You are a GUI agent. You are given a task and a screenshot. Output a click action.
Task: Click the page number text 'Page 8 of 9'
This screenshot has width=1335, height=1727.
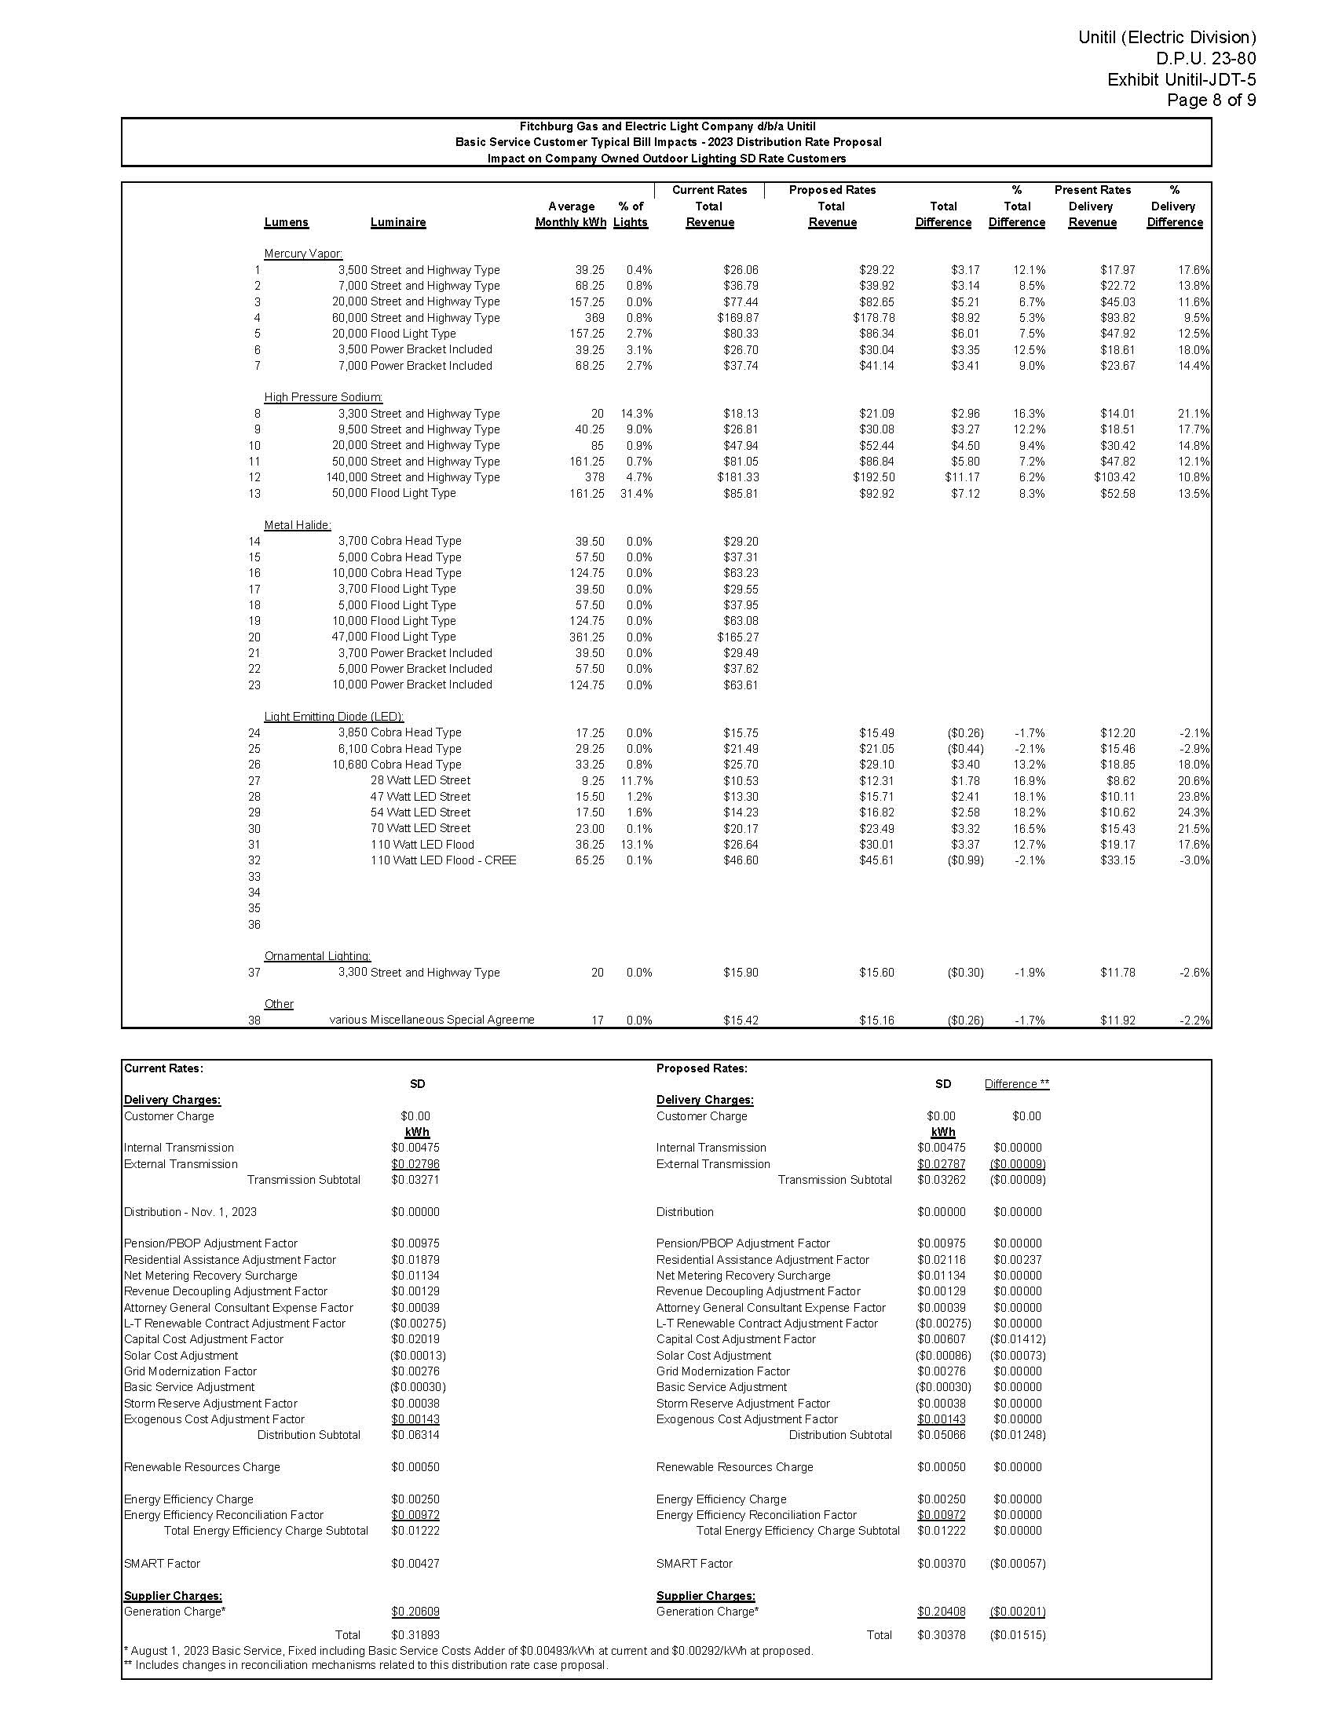1211,100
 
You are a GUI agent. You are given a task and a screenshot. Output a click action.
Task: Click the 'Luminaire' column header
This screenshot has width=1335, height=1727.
398,223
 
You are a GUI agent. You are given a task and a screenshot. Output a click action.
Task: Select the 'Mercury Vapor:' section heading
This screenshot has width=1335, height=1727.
303,254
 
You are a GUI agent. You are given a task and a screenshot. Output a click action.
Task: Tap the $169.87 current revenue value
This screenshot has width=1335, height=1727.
741,318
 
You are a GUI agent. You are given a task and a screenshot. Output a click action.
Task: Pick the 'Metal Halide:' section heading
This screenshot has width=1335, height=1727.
298,525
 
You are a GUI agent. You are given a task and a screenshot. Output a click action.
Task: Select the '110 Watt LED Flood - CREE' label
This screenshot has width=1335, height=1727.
443,860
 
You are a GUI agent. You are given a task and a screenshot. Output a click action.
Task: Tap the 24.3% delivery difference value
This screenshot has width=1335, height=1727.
1194,813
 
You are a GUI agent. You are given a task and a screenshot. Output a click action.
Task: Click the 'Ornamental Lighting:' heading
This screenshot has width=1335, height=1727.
317,956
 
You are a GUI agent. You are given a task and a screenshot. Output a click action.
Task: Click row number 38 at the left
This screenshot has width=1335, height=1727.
254,1020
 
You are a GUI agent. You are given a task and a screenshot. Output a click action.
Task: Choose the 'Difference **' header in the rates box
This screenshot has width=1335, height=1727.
1016,1084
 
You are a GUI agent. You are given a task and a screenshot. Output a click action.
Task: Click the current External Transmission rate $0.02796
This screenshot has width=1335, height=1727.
415,1164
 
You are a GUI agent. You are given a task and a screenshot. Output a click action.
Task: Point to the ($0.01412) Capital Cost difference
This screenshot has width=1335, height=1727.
1017,1339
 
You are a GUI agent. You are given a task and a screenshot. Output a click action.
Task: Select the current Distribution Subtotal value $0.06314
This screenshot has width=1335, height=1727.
415,1435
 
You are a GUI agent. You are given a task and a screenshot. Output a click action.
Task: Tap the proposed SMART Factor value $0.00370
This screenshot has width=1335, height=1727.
941,1563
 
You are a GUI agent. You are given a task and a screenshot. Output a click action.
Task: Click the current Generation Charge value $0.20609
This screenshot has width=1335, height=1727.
415,1612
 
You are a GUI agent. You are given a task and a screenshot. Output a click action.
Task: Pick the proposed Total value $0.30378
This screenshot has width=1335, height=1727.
941,1635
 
